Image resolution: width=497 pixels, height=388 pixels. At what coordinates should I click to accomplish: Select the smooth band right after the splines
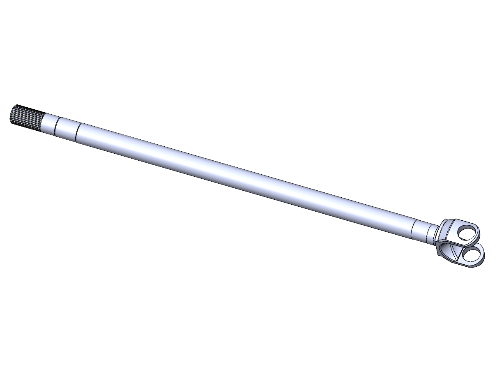click(48, 124)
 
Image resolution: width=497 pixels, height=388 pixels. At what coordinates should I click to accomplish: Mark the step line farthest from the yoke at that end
click(412, 229)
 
